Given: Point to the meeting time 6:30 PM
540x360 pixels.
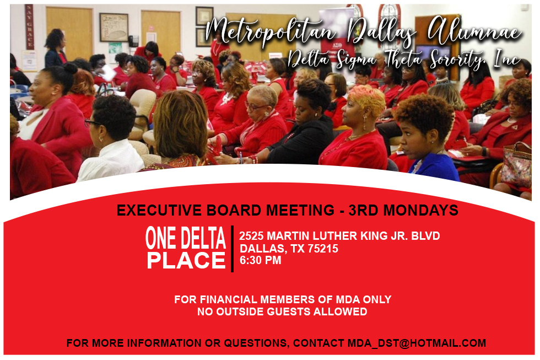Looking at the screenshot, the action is [260, 260].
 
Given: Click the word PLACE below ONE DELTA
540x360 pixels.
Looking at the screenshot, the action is [186, 260].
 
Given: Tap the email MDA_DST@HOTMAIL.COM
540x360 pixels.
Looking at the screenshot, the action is [417, 343].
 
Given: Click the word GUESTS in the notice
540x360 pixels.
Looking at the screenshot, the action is [289, 312].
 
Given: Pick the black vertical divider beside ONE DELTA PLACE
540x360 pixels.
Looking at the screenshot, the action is [232, 249].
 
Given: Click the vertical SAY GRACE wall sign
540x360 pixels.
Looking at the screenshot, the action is [30, 27].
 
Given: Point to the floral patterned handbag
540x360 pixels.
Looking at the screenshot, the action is [516, 165].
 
